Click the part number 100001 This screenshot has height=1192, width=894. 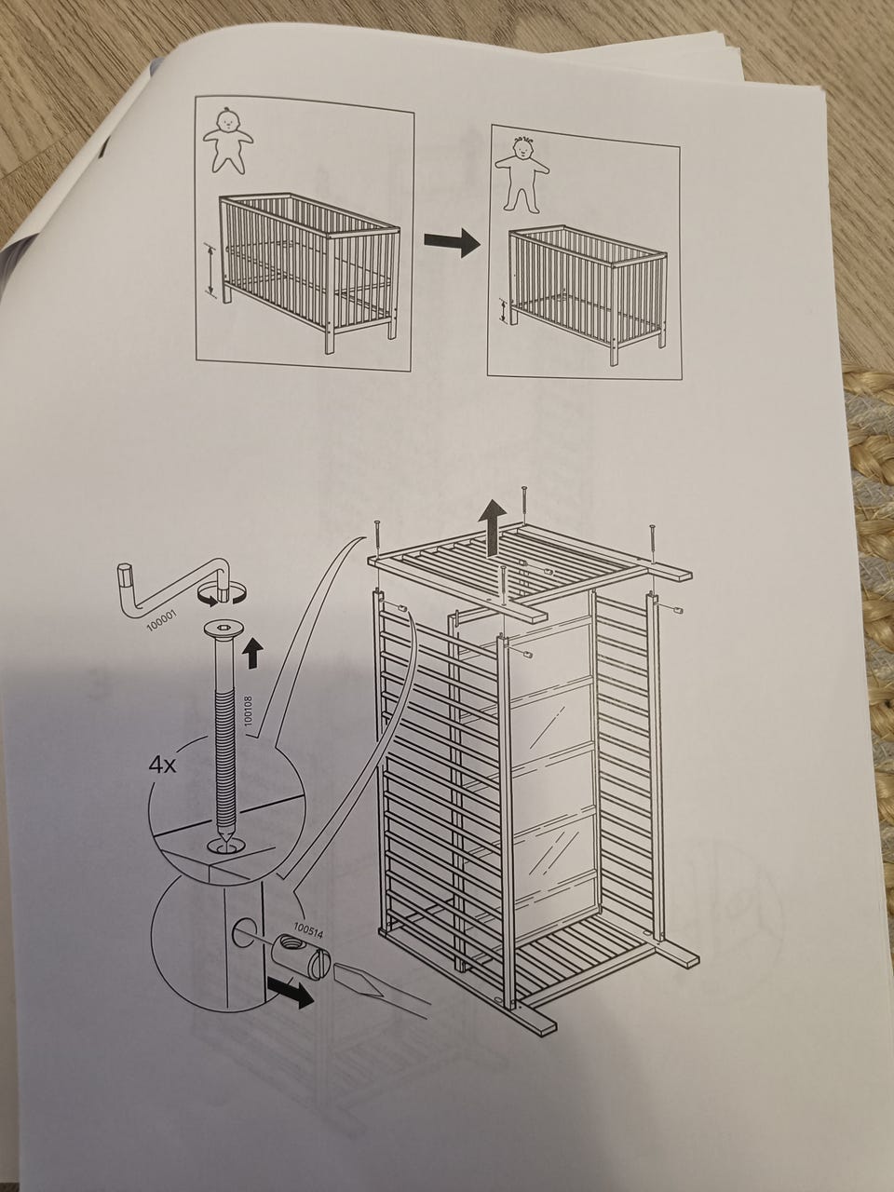(x=162, y=621)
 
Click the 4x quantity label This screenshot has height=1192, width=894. (x=162, y=766)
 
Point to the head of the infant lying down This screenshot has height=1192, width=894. (x=228, y=120)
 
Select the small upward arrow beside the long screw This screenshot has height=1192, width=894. (x=252, y=652)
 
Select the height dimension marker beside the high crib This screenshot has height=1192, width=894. (x=210, y=269)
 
